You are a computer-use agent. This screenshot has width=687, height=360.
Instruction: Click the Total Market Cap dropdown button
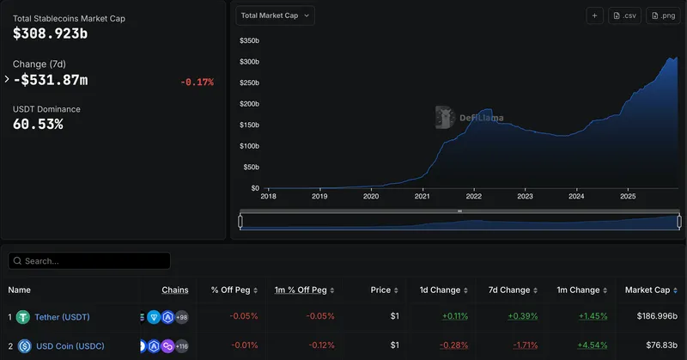click(x=276, y=15)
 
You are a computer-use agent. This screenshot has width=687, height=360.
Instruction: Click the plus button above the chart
click(x=595, y=15)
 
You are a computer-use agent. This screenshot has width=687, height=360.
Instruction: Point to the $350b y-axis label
click(x=249, y=40)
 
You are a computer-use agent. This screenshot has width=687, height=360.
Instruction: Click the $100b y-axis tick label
click(x=249, y=146)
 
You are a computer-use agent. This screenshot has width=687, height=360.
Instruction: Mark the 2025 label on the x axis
click(x=628, y=196)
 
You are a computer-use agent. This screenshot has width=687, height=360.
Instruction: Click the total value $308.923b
click(x=51, y=34)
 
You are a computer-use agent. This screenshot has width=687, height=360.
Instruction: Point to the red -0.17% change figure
click(x=197, y=82)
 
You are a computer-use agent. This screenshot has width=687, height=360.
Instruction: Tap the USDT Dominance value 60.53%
click(x=38, y=125)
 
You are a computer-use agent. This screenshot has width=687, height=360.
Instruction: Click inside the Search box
click(x=90, y=260)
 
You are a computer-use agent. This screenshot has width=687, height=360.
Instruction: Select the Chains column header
click(x=175, y=290)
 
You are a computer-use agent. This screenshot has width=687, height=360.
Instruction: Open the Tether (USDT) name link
click(x=62, y=317)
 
